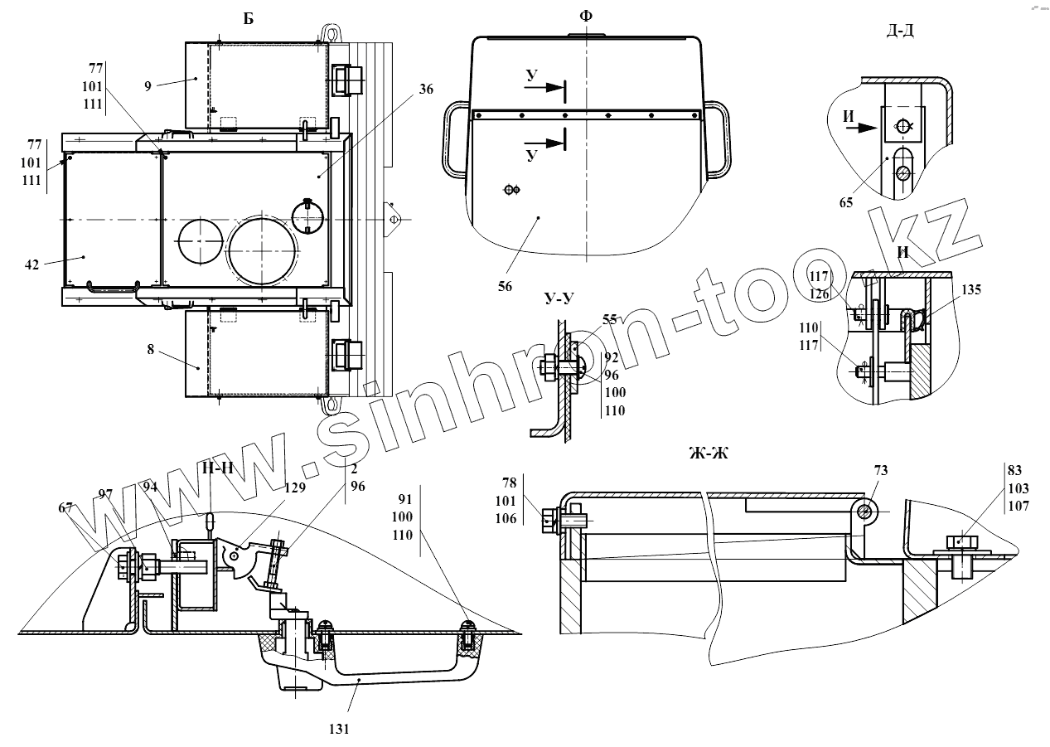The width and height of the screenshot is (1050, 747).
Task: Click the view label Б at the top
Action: click(x=249, y=19)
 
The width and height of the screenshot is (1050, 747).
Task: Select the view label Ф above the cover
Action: click(x=587, y=16)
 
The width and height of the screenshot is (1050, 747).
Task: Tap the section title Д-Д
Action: click(x=900, y=32)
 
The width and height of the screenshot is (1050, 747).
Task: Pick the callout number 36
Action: click(x=426, y=90)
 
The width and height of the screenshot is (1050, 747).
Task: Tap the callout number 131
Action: click(x=339, y=730)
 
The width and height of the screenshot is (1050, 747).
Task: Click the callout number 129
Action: click(x=295, y=488)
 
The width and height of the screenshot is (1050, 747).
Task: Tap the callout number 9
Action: click(x=148, y=85)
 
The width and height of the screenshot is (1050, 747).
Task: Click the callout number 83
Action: click(x=1014, y=470)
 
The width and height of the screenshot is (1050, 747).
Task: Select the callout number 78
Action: click(x=510, y=482)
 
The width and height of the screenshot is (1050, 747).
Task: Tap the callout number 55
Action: click(x=610, y=319)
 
